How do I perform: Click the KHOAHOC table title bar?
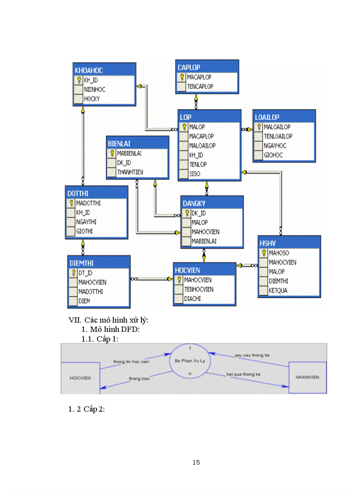(x=104, y=70)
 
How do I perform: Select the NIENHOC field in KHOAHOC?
(x=94, y=89)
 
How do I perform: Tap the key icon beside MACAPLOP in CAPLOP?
(x=181, y=77)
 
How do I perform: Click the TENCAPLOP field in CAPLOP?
(x=200, y=86)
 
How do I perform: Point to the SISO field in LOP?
(x=195, y=174)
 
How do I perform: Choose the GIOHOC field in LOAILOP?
(x=273, y=155)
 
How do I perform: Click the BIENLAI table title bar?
(x=137, y=143)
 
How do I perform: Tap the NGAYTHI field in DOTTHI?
(x=86, y=222)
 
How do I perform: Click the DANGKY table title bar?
(x=212, y=203)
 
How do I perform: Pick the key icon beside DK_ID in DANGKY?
(x=187, y=213)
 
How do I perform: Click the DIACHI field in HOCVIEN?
(x=192, y=299)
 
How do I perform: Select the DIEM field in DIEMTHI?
(x=84, y=301)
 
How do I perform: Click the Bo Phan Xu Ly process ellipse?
(x=190, y=366)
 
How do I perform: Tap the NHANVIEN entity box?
(x=307, y=377)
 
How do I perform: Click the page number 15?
(x=196, y=462)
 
